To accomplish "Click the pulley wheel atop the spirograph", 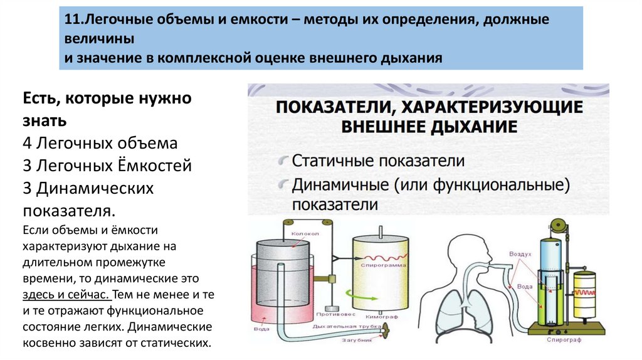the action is click(558, 225).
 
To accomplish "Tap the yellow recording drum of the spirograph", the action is click(584, 294).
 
